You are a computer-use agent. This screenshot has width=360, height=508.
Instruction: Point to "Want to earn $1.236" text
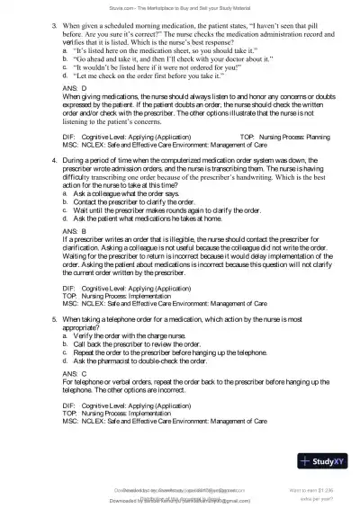tap(316, 489)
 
